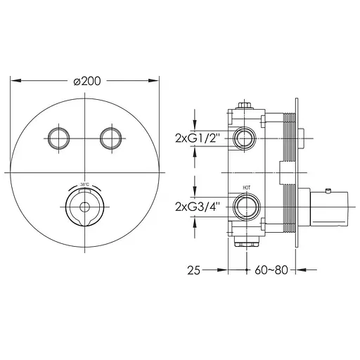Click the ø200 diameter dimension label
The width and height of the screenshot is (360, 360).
pyautogui.click(x=87, y=81)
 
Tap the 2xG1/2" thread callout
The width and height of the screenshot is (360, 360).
pyautogui.click(x=198, y=138)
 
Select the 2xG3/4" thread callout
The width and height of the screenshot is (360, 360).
pyautogui.click(x=198, y=207)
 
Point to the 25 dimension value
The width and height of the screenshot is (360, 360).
pyautogui.click(x=194, y=270)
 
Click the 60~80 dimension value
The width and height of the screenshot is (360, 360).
pyautogui.click(x=271, y=270)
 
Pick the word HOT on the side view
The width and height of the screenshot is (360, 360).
pyautogui.click(x=246, y=188)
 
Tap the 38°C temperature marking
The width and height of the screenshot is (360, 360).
pyautogui.click(x=84, y=184)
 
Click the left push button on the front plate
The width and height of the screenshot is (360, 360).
pyautogui.click(x=58, y=138)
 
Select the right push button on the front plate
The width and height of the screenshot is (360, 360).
pyautogui.click(x=111, y=138)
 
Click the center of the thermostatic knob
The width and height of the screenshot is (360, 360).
pyautogui.click(x=84, y=207)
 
